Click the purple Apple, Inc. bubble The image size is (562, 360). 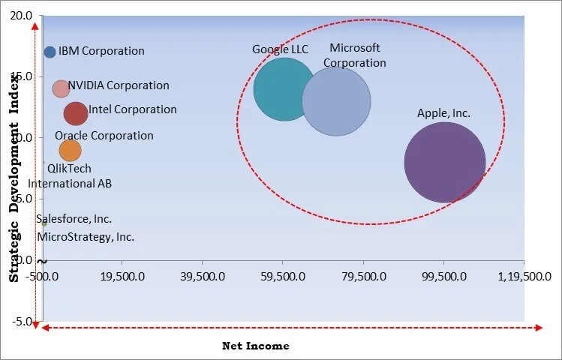[445, 163]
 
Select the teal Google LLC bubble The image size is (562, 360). [284, 89]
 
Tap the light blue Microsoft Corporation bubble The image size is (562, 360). [336, 101]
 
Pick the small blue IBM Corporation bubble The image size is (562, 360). [50, 52]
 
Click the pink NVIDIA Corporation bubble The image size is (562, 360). [61, 88]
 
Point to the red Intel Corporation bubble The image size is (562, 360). [76, 113]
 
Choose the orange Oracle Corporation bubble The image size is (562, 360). [69, 150]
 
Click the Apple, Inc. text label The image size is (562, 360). [443, 113]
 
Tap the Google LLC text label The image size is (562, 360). [280, 49]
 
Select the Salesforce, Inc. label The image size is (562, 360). [74, 219]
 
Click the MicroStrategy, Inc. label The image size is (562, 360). [86, 236]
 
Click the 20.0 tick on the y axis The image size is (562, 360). [22, 16]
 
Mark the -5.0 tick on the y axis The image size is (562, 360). [22, 322]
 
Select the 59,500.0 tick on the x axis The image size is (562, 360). [282, 275]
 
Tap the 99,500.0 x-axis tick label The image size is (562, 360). [443, 275]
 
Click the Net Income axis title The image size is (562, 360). [255, 346]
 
